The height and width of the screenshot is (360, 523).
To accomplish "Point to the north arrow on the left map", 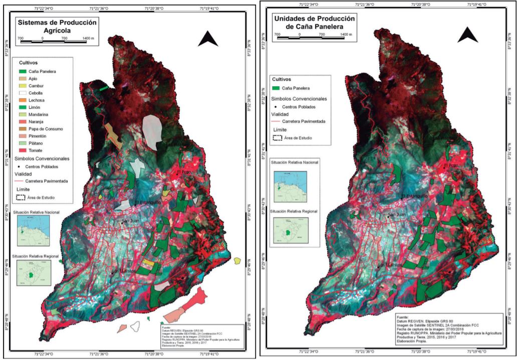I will coord(207,39).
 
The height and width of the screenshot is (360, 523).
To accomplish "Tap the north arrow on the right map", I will coord(467,35).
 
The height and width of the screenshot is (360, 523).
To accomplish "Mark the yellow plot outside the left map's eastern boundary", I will coord(237,261).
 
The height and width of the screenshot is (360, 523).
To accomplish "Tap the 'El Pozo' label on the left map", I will coord(184,172).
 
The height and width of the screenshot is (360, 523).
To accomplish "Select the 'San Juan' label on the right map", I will coord(397,215).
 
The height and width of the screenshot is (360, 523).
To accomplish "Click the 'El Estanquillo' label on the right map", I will coord(409,196).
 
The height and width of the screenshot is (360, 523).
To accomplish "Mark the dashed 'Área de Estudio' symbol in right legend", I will coord(277,138).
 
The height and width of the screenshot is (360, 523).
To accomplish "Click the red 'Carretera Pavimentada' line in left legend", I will coord(20,181).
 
